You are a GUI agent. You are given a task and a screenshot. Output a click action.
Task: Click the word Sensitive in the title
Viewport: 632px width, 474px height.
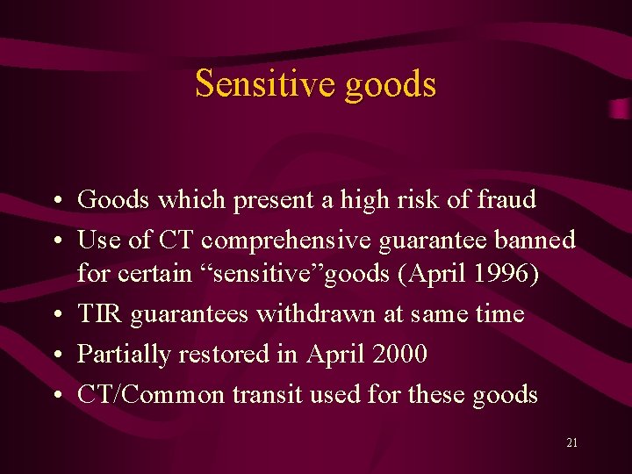pos(265,84)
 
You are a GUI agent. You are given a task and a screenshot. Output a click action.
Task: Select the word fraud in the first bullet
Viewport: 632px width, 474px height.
pos(506,200)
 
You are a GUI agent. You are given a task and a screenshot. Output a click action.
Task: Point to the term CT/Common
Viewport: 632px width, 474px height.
pos(151,395)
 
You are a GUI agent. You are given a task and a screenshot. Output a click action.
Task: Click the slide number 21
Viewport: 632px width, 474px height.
pos(572,443)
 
